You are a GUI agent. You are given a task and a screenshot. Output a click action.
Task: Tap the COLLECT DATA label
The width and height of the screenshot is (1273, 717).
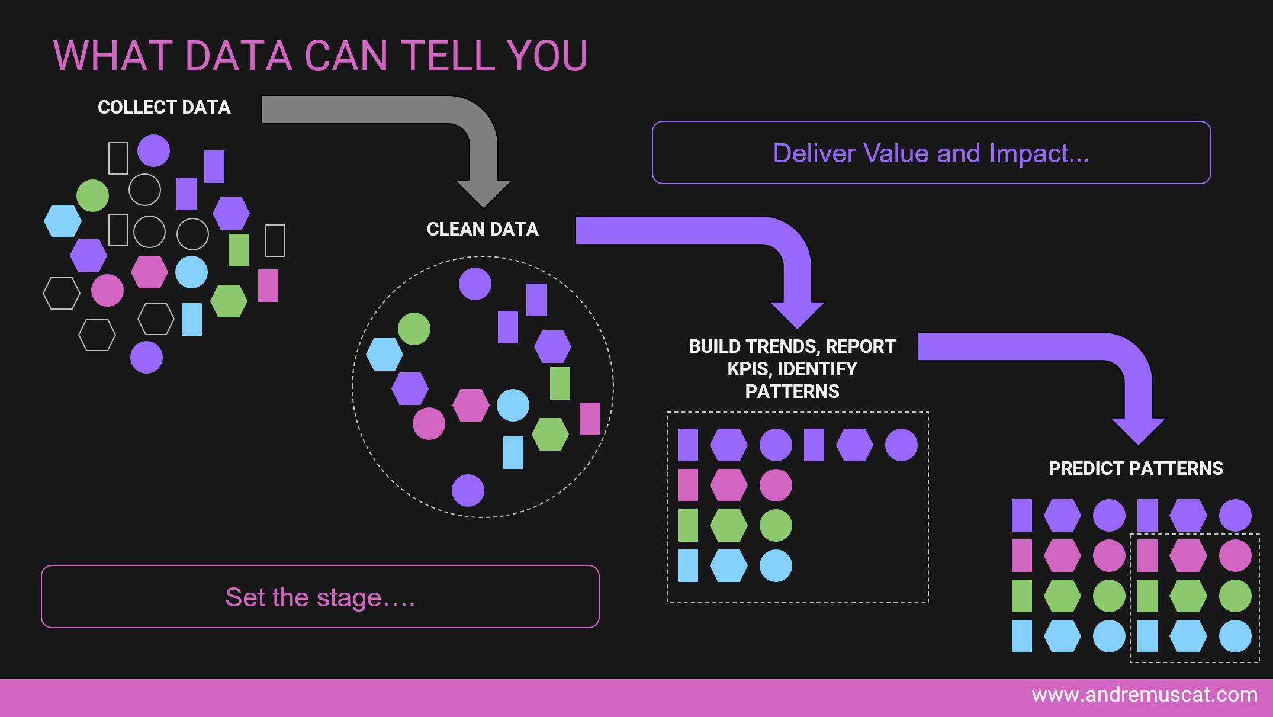pos(164,107)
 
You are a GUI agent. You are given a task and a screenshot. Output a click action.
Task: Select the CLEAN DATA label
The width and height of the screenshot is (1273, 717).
pos(483,229)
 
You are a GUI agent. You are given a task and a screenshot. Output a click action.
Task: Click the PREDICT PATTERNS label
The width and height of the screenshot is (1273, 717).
pos(1136,468)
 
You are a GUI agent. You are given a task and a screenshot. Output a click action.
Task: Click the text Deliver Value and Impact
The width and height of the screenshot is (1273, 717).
pos(931,153)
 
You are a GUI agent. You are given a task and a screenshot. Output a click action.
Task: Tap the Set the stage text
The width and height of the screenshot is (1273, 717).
pos(320,597)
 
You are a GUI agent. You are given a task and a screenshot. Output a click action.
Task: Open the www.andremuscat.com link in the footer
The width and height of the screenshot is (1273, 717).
pos(1145,695)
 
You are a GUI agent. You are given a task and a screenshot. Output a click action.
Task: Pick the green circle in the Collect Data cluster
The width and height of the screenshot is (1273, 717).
pos(93,195)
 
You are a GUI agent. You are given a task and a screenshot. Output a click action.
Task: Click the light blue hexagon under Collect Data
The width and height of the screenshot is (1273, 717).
pos(63,221)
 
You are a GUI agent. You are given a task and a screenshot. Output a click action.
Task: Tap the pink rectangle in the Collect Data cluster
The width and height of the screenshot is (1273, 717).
pos(268,285)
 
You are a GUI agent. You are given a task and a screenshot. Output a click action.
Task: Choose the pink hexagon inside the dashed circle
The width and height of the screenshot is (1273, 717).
pos(471,405)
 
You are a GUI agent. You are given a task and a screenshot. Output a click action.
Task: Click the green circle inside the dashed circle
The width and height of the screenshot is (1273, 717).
pos(414,329)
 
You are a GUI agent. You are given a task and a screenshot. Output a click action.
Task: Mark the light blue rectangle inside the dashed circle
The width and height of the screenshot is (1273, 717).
pos(513,452)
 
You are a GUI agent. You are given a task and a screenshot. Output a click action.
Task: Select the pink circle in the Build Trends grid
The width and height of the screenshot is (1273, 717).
pos(776,485)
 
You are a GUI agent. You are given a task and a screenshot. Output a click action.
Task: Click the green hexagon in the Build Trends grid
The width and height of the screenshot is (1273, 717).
pos(728,525)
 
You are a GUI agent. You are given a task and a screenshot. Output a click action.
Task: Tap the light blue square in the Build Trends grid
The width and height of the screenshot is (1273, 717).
pos(688,565)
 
